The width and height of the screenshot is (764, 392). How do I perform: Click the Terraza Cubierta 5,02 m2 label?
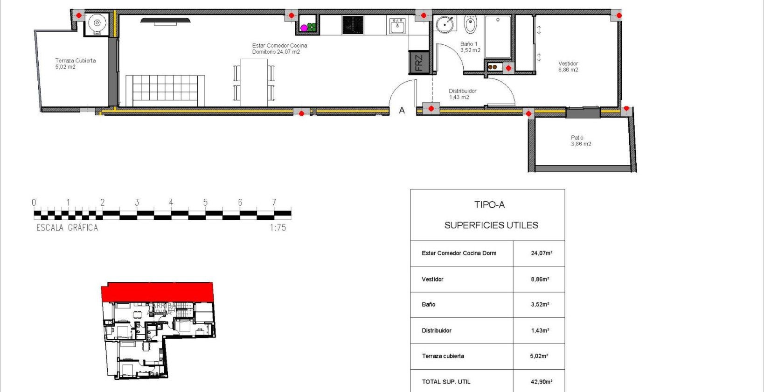coord(75,63)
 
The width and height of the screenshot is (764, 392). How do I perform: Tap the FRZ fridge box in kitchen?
coord(418,63)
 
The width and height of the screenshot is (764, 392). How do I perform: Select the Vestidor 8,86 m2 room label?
coord(568,67)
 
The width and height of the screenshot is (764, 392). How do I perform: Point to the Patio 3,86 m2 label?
coord(581,140)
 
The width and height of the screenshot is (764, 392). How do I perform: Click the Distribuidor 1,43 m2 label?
coord(462,94)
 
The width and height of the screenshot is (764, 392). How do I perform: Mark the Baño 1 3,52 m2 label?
coord(470,47)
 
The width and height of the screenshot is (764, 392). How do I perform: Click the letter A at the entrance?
coord(402,111)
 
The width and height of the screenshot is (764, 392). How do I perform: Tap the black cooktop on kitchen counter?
coord(353,25)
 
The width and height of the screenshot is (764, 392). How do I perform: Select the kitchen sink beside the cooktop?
coord(397,26)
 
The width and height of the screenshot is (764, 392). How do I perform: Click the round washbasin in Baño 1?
coord(445,24)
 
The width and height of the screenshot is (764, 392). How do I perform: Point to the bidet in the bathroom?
coord(471,24)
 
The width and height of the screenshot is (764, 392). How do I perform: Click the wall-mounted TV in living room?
coord(166,21)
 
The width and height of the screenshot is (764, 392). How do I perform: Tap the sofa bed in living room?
coord(165,91)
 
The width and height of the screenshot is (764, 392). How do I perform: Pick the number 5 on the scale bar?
coord(205,203)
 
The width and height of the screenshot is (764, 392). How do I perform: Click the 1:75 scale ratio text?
coord(278,228)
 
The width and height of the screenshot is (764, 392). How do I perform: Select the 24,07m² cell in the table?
coord(541,253)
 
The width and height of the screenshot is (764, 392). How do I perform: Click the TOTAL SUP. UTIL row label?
coord(446,382)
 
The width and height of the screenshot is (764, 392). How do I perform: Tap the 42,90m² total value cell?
coord(541,382)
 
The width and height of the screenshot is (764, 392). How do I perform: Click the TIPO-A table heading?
coord(489,204)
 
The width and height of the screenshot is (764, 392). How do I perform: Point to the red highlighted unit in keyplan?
coord(157,292)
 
